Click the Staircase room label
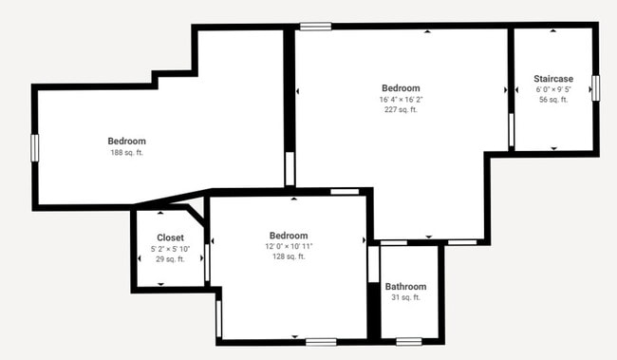(553, 79)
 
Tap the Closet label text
(171, 237)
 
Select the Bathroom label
(405, 287)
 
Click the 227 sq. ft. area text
(400, 109)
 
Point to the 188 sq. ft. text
(126, 152)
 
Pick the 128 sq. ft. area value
(289, 256)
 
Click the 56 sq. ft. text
(553, 100)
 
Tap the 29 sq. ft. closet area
(171, 259)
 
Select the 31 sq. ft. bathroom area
(405, 297)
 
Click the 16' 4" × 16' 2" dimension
(400, 99)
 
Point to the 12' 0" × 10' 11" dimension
(289, 246)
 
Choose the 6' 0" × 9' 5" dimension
(553, 89)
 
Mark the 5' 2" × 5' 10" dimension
(171, 249)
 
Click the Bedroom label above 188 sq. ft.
(126, 141)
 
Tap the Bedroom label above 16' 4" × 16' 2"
(400, 87)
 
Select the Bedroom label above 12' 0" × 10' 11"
(289, 235)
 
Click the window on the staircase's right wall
(596, 87)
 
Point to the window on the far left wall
(34, 147)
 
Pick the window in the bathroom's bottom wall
(409, 341)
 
